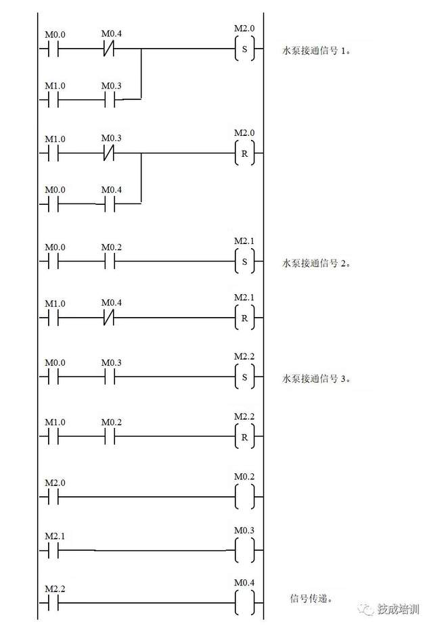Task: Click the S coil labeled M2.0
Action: [244, 49]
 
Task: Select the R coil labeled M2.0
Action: [244, 153]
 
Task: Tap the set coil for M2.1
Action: [244, 262]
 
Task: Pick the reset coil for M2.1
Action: [244, 318]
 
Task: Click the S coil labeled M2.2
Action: [244, 377]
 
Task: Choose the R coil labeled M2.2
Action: [244, 437]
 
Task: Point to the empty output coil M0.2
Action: [244, 497]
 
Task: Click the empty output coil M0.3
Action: [244, 550]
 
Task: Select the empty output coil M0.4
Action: [244, 603]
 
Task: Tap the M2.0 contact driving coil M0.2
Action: [53, 497]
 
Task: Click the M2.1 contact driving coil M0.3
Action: [53, 550]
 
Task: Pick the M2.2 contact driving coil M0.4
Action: [53, 603]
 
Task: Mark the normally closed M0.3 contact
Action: [109, 153]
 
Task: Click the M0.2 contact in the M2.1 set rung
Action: [110, 262]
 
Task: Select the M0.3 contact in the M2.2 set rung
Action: [110, 377]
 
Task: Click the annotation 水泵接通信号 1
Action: [316, 51]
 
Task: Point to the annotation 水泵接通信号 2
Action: [316, 263]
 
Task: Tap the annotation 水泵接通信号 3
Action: [316, 379]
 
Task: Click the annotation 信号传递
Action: [311, 599]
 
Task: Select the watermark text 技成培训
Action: [398, 609]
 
